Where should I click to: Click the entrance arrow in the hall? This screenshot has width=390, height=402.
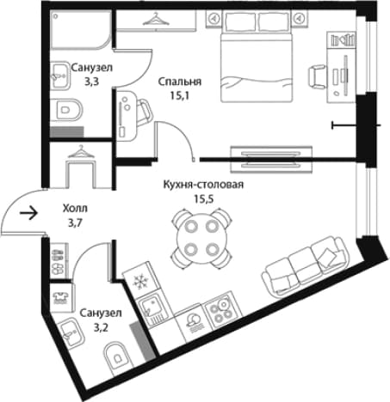pyautogui.click(x=28, y=213)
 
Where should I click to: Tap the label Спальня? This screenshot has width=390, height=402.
pyautogui.click(x=180, y=82)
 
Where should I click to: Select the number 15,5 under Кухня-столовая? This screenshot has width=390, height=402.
pyautogui.click(x=204, y=198)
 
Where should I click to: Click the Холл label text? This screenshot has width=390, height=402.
pyautogui.click(x=75, y=209)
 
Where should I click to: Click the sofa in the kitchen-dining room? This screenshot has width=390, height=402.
pyautogui.click(x=305, y=266)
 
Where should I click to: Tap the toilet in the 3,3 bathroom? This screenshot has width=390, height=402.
pyautogui.click(x=67, y=110)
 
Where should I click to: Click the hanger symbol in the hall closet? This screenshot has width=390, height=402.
pyautogui.click(x=81, y=152)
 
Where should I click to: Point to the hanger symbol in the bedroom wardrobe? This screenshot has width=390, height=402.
pyautogui.click(x=156, y=19)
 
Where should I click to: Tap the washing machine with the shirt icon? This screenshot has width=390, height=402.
pyautogui.click(x=61, y=298)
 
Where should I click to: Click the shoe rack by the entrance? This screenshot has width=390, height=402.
pyautogui.click(x=59, y=260)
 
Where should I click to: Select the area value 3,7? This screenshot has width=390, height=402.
pyautogui.click(x=75, y=222)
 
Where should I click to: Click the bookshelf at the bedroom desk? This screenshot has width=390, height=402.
pyautogui.click(x=343, y=40)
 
